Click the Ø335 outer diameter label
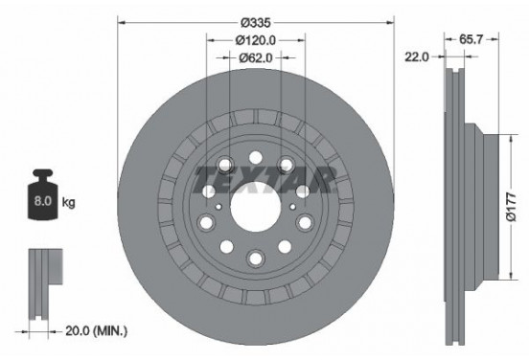pyautogui.click(x=255, y=21)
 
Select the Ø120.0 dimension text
pyautogui.click(x=255, y=40)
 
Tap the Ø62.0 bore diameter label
pyautogui.click(x=255, y=59)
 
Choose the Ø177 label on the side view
pyautogui.click(x=512, y=205)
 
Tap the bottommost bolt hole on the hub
pyautogui.click(x=256, y=257)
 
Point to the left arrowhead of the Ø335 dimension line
pyautogui.click(x=121, y=21)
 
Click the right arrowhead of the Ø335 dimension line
pyautogui.click(x=391, y=21)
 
